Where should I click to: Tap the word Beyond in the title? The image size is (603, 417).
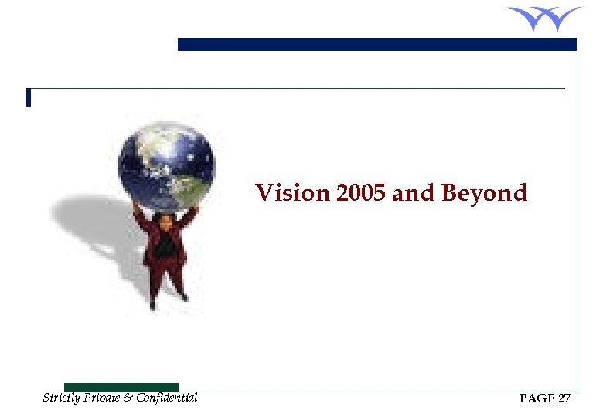point(484,193)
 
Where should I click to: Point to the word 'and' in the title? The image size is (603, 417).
point(414,192)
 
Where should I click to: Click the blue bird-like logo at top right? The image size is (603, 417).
point(543,18)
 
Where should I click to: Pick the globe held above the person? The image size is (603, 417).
point(166,165)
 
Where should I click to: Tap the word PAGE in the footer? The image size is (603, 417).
point(537,399)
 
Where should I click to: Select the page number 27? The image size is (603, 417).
point(564,399)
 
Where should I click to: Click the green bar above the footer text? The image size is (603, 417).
point(121,387)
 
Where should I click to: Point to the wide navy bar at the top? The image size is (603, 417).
point(377,45)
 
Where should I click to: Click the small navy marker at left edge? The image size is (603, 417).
point(28,98)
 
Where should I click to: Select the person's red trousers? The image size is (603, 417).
point(165,274)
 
